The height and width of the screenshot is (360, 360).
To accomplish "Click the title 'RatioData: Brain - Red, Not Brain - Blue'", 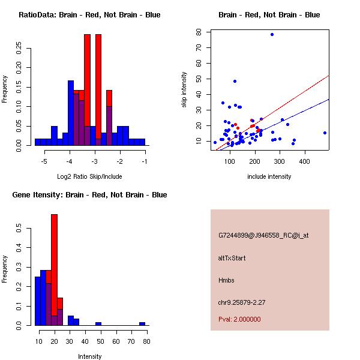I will coord(89,15).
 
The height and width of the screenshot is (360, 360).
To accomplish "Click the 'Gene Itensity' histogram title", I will coord(89,195).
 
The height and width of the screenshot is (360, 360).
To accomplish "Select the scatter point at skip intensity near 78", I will coord(272,34).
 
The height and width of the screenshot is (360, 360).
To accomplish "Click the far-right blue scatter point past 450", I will coord(325,133).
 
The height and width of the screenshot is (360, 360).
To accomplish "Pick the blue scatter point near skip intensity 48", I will coord(235,81).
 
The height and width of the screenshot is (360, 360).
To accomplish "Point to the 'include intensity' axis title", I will coord(269,176).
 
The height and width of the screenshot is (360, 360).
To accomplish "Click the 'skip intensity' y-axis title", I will coord(185,90).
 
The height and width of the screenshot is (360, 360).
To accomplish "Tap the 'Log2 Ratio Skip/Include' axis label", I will coord(89,176).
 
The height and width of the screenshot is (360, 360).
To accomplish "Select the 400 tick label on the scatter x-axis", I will coord(304,162).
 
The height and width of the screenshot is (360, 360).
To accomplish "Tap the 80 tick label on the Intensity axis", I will coord(146,341).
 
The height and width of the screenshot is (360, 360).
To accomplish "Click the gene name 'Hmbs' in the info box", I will coord(226,280).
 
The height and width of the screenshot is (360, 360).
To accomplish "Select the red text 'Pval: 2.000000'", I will coord(239,319).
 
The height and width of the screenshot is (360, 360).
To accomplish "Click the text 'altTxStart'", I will coord(232,258).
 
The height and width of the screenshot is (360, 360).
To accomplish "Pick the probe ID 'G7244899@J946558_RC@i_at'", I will coord(263,236).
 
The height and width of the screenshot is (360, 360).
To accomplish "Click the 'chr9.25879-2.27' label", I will coord(242,302).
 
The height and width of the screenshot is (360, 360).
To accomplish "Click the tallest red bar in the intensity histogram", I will coord(54,270).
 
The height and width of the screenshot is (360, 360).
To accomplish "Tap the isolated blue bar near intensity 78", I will coord(142,323).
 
